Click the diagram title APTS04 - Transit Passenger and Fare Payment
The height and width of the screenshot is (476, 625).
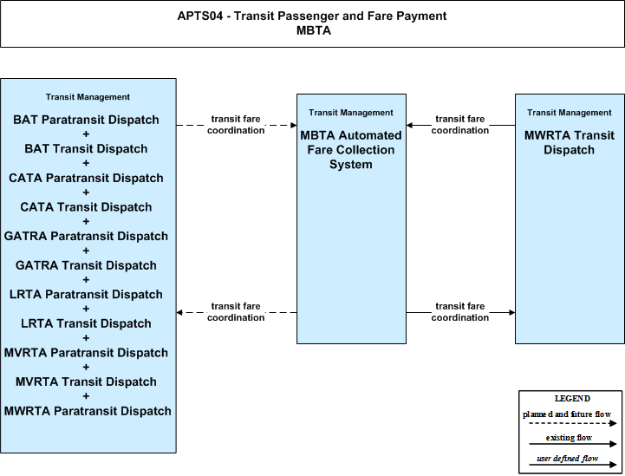(312, 16)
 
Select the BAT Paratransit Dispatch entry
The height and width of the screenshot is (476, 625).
(86, 120)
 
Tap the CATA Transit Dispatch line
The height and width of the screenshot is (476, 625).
(86, 207)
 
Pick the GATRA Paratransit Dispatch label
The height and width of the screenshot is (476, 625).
(86, 236)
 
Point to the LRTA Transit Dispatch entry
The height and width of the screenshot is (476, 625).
(86, 323)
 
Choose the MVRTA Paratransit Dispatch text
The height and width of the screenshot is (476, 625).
(86, 352)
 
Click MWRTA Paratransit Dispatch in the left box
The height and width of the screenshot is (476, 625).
(88, 411)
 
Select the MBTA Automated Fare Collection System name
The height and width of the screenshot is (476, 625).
(351, 150)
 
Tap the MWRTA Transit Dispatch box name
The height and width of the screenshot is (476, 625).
(570, 143)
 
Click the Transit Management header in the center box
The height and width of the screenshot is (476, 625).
(351, 113)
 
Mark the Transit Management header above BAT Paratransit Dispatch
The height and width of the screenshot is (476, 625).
(88, 97)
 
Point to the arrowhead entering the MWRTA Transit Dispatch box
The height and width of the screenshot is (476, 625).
(511, 312)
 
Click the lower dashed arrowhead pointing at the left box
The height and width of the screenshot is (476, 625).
(179, 312)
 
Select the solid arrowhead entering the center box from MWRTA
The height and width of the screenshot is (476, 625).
(410, 125)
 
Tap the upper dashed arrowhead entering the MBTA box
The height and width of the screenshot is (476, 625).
(293, 125)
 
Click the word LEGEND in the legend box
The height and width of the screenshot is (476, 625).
(572, 398)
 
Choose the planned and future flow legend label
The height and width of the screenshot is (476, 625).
(567, 414)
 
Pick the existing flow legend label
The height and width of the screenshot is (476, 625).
(569, 438)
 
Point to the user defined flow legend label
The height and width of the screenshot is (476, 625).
(568, 459)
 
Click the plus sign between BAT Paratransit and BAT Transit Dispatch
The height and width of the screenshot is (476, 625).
(86, 134)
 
